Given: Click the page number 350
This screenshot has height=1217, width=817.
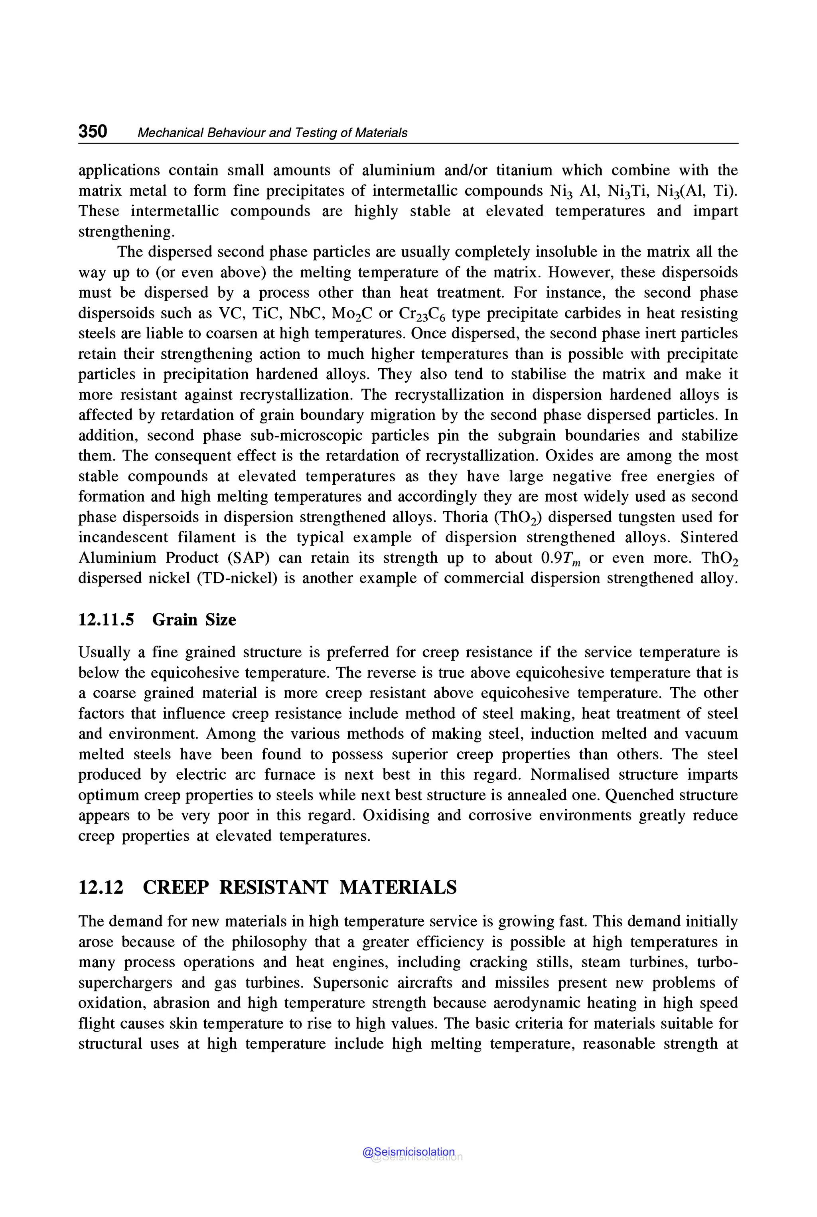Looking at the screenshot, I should (93, 131).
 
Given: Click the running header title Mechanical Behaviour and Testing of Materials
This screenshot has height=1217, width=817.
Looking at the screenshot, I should (272, 133).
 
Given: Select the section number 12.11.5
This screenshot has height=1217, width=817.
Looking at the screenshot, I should (106, 620).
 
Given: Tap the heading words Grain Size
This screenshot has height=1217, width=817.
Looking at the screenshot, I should (194, 620).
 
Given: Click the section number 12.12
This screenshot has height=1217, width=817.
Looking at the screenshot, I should (101, 887).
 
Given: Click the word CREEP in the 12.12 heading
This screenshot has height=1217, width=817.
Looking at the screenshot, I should (176, 887).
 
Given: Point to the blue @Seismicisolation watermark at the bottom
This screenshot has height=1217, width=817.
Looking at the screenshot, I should (408, 1152).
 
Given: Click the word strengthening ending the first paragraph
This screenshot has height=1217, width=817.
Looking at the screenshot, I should (126, 231).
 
